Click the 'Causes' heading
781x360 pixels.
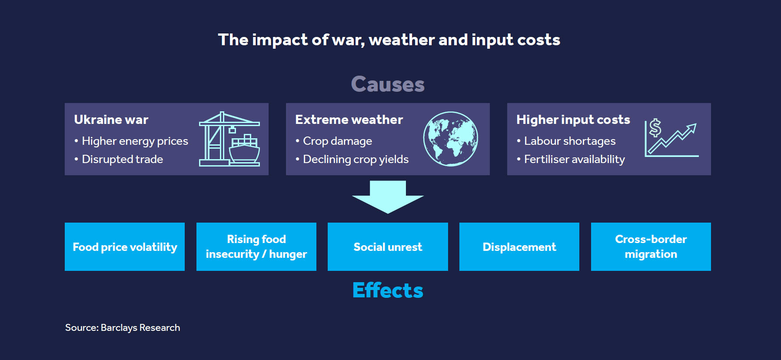click(x=388, y=84)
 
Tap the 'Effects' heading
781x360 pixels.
click(x=388, y=290)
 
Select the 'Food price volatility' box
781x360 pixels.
click(x=125, y=247)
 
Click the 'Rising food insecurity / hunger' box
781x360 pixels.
click(x=256, y=247)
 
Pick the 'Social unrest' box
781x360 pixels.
click(x=388, y=247)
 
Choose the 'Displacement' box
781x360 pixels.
click(x=519, y=247)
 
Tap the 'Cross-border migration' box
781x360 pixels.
click(x=651, y=247)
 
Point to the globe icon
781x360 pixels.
click(x=451, y=139)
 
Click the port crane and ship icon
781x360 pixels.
click(x=229, y=139)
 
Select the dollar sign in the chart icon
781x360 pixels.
click(x=655, y=128)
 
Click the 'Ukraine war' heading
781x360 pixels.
click(x=111, y=120)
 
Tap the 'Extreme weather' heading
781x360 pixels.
click(x=349, y=120)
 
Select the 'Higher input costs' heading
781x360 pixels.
click(x=573, y=120)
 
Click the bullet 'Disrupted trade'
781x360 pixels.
click(x=119, y=159)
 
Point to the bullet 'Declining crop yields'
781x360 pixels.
click(x=352, y=159)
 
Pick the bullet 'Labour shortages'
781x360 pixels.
click(x=566, y=141)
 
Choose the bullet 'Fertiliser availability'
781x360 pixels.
click(x=571, y=159)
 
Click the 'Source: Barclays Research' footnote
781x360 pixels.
click(x=123, y=327)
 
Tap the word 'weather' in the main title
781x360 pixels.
click(x=402, y=40)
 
